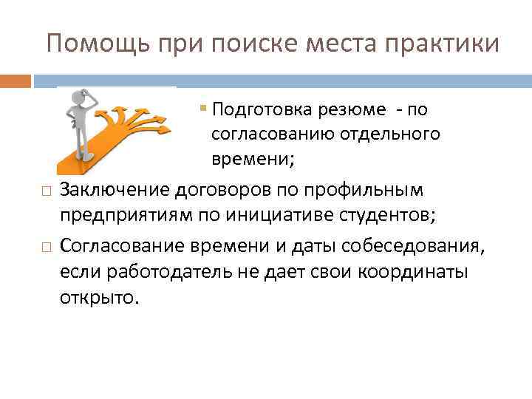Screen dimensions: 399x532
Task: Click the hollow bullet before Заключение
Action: (46, 192)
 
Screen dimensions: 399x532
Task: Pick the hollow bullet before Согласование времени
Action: (46, 247)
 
